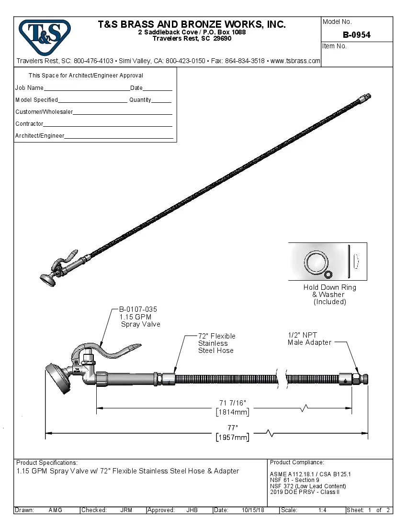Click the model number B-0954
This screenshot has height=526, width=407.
(x=356, y=35)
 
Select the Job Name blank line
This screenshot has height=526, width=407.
(x=86, y=89)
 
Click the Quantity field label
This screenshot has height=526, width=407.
(x=140, y=100)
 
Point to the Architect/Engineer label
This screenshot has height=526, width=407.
(x=39, y=136)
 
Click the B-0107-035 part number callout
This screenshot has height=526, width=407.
(x=138, y=309)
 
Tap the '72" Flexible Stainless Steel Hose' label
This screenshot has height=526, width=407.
(x=216, y=343)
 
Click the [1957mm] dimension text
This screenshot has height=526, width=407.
(x=232, y=437)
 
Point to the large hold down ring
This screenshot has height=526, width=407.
(x=315, y=262)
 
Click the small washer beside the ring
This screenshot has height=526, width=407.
(x=328, y=274)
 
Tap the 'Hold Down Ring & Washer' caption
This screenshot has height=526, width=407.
(x=329, y=294)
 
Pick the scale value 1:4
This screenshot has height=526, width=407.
(x=322, y=510)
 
